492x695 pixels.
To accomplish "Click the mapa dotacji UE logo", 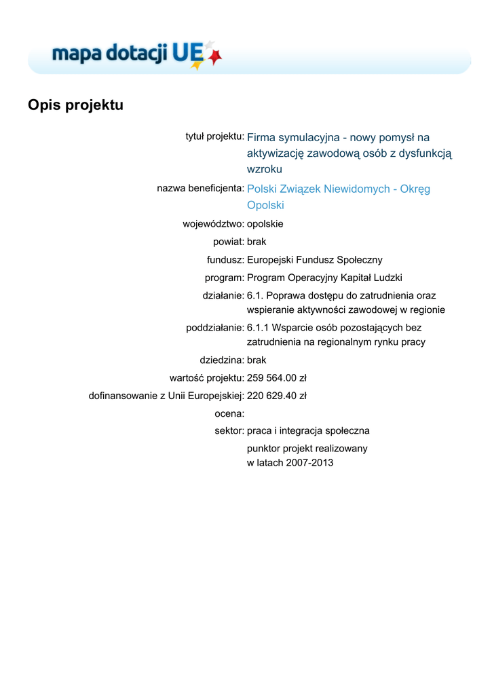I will click(x=136, y=54).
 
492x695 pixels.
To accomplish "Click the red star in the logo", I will click(x=215, y=58).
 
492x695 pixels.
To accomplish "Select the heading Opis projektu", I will click(x=75, y=105).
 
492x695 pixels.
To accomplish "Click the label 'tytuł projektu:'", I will click(x=214, y=136).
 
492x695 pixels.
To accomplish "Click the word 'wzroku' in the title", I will click(x=264, y=169).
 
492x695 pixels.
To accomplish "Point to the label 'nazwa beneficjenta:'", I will click(x=200, y=188).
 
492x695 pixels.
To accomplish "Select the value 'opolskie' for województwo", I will click(x=265, y=223).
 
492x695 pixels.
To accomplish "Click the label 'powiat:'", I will click(x=228, y=241).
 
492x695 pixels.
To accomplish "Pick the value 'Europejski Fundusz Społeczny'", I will click(x=315, y=259).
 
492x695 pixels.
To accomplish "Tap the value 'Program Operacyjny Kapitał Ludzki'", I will click(x=324, y=277).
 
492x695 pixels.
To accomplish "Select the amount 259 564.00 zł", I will click(x=277, y=377).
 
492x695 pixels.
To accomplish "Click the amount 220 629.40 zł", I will click(x=277, y=395).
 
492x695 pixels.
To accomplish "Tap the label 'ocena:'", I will click(x=229, y=413).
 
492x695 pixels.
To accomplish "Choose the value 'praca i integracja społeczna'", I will click(x=308, y=431).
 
